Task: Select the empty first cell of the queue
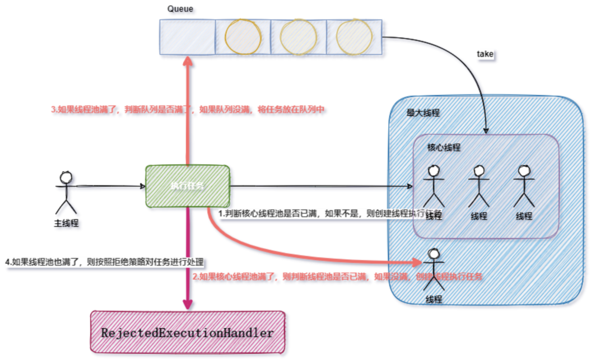point(187,38)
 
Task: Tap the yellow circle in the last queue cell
point(354,38)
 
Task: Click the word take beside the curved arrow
point(485,55)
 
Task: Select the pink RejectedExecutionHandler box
point(188,333)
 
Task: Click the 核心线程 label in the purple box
point(444,147)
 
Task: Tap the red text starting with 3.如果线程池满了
point(188,110)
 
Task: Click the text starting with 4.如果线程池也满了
point(104,261)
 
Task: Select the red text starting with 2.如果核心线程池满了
point(338,277)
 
